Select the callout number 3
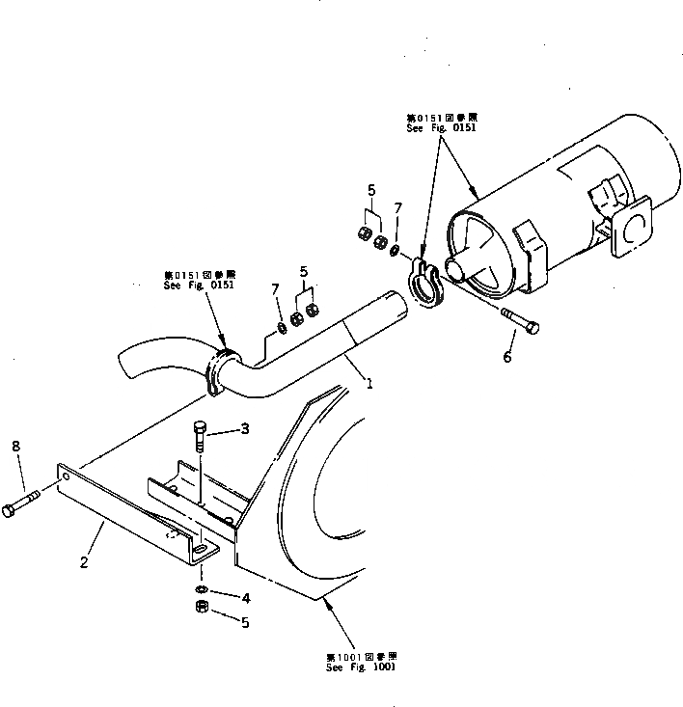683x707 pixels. click(245, 429)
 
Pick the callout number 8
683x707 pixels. click(14, 446)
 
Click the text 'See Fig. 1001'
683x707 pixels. click(360, 666)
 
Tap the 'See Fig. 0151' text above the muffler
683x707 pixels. click(441, 126)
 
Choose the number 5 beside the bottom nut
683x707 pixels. click(245, 623)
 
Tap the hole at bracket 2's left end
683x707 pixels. click(64, 476)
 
